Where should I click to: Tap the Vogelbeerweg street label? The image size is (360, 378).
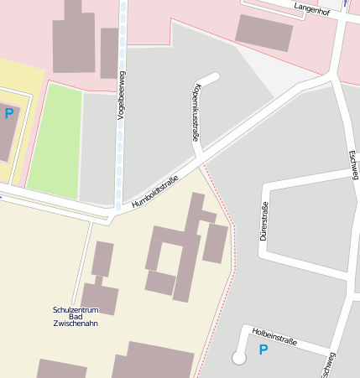[x=122, y=97]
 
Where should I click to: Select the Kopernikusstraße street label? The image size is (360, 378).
[x=196, y=113]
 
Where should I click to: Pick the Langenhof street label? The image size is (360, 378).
[x=312, y=9]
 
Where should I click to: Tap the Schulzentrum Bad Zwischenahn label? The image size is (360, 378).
[x=75, y=317]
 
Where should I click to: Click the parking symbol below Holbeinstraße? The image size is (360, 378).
[x=263, y=350]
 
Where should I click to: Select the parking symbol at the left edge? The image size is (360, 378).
[x=9, y=113]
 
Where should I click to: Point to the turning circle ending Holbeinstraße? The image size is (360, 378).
[x=238, y=358]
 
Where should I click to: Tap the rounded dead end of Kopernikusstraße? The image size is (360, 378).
[x=212, y=78]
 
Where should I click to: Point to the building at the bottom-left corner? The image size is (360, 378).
[x=60, y=369]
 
